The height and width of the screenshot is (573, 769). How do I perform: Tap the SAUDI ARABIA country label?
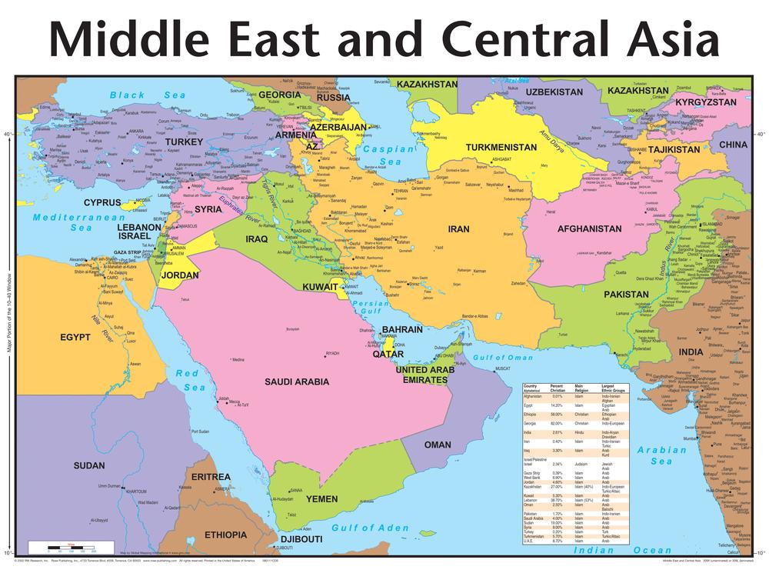click(x=297, y=381)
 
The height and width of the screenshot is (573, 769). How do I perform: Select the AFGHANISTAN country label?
click(x=589, y=228)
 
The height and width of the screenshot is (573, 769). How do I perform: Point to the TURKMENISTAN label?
click(x=501, y=146)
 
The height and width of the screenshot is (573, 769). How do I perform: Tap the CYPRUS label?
click(x=102, y=202)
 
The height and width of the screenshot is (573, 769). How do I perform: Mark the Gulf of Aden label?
click(x=371, y=528)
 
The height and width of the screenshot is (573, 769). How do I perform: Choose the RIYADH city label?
click(x=331, y=354)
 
